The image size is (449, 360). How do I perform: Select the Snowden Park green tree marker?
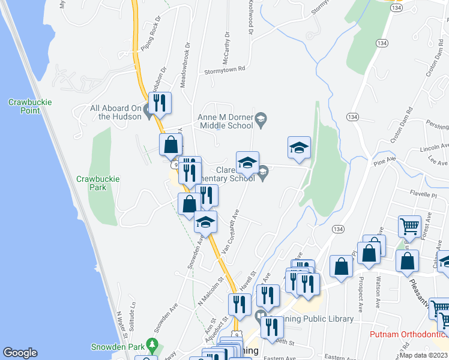click(x=152, y=346)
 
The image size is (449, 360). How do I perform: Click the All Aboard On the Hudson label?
click(x=116, y=112)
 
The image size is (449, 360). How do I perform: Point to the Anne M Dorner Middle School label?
click(x=225, y=122)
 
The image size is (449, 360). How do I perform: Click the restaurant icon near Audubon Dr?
click(x=160, y=103)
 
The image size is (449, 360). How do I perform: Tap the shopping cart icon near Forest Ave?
click(x=409, y=227)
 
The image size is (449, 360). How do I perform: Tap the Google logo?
click(x=20, y=353)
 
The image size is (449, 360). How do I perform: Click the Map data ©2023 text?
click(x=423, y=355)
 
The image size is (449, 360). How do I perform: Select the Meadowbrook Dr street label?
click(x=187, y=66)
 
